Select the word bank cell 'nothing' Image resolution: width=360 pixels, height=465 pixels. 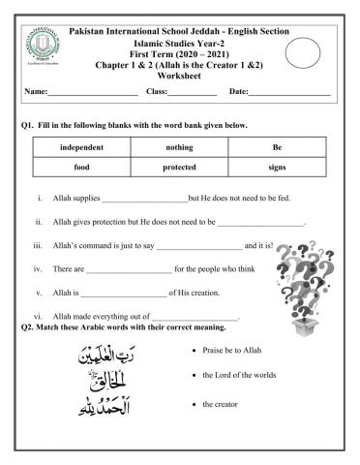pyautogui.click(x=179, y=147)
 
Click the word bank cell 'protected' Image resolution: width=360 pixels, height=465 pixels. pyautogui.click(x=179, y=167)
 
